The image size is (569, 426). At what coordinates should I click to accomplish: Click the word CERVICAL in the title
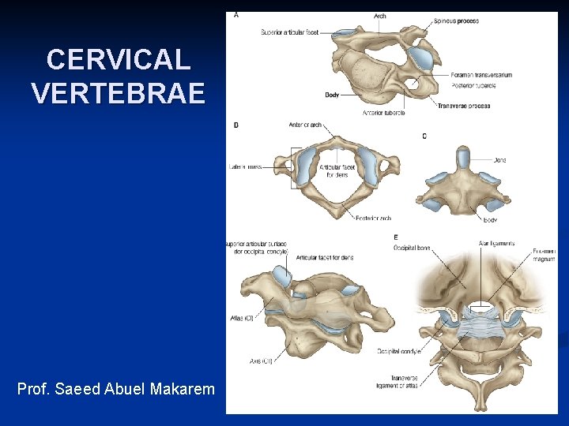pyautogui.click(x=118, y=60)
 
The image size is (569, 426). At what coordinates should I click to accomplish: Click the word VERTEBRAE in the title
pyautogui.click(x=118, y=93)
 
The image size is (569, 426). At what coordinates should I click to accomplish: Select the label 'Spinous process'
pyautogui.click(x=457, y=21)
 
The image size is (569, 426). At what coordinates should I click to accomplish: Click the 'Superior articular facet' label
pyautogui.click(x=289, y=32)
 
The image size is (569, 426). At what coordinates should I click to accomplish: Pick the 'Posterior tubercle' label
pyautogui.click(x=473, y=85)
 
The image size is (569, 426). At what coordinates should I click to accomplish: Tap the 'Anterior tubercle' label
pyautogui.click(x=384, y=112)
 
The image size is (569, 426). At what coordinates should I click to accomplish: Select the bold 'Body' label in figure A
pyautogui.click(x=332, y=95)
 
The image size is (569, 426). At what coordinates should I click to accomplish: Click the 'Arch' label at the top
pyautogui.click(x=379, y=16)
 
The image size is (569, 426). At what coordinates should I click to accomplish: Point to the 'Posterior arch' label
pyautogui.click(x=373, y=219)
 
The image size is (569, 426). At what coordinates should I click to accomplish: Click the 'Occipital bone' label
pyautogui.click(x=412, y=248)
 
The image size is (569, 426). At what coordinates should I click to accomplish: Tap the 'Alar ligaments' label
pyautogui.click(x=496, y=244)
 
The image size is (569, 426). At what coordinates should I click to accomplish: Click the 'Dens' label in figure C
pyautogui.click(x=499, y=160)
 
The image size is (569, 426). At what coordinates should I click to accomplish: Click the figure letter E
pyautogui.click(x=396, y=237)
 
